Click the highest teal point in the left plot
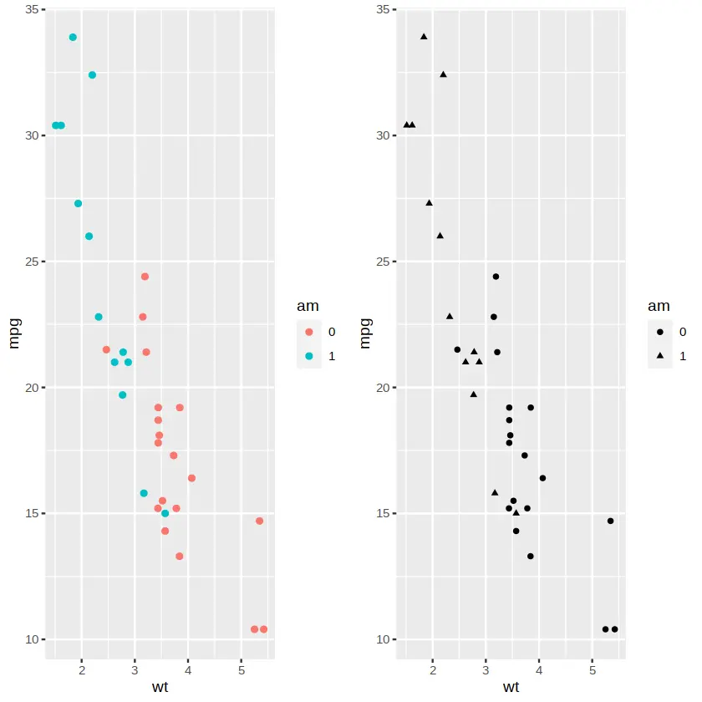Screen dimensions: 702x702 pyautogui.click(x=73, y=38)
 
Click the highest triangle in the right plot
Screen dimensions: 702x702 pyautogui.click(x=424, y=37)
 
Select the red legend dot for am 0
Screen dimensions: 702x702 pyautogui.click(x=310, y=332)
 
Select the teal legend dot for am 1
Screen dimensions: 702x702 pyautogui.click(x=310, y=355)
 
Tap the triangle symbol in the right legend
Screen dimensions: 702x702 pyautogui.click(x=661, y=355)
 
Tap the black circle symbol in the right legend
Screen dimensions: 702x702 pyautogui.click(x=661, y=332)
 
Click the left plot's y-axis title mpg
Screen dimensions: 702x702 pyautogui.click(x=14, y=332)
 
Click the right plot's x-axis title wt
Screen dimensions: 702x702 pyautogui.click(x=511, y=687)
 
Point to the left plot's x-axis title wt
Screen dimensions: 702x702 pyautogui.click(x=160, y=687)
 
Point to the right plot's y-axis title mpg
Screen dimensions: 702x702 pyautogui.click(x=365, y=332)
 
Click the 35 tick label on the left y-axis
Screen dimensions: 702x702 pyautogui.click(x=31, y=10)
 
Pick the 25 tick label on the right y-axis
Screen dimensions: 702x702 pyautogui.click(x=382, y=262)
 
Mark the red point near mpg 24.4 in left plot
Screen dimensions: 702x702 pyautogui.click(x=145, y=277)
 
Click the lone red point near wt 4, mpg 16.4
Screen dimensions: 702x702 pyautogui.click(x=191, y=478)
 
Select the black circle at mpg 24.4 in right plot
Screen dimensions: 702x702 pyautogui.click(x=496, y=277)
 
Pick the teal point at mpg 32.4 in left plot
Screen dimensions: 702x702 pyautogui.click(x=92, y=75)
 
